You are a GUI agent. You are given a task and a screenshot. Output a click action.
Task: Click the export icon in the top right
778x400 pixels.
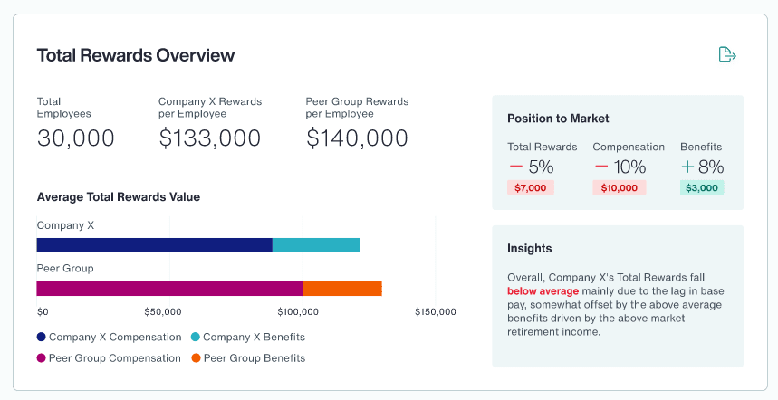(726, 54)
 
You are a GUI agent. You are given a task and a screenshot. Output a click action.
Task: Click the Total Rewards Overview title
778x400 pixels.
(136, 55)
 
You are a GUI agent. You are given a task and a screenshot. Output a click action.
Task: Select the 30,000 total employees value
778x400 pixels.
(76, 138)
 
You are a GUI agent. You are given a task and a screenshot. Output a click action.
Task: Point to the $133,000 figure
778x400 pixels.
(209, 138)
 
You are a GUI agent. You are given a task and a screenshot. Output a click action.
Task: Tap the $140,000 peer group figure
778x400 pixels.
(357, 138)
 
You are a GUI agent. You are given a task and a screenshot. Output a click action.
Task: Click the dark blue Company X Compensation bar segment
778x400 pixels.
(154, 245)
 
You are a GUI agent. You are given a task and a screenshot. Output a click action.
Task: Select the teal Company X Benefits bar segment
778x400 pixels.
(316, 245)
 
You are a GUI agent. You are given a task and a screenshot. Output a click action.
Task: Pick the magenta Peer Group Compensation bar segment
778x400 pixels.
(169, 289)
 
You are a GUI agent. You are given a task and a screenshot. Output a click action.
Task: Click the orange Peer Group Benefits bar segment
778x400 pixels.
(341, 289)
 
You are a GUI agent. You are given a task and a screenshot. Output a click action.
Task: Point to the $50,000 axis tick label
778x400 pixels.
(163, 312)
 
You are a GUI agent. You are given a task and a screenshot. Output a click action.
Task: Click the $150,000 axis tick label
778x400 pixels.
(435, 312)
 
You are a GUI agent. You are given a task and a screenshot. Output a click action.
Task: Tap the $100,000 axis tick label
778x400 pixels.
(297, 312)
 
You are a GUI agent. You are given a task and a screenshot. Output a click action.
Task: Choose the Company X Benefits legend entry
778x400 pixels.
(247, 338)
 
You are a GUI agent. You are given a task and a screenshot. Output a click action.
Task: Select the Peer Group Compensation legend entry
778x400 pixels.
(109, 358)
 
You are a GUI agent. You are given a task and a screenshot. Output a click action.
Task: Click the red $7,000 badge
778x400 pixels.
(530, 187)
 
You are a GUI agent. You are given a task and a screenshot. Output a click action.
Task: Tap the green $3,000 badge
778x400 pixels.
(702, 187)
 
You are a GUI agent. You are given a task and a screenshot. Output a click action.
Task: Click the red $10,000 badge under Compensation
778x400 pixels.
(620, 187)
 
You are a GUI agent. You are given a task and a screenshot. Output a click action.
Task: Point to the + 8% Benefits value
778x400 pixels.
(702, 167)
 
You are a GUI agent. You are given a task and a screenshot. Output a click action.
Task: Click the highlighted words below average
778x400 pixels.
(543, 291)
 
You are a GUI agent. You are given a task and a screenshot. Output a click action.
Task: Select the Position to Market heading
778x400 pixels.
(558, 119)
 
